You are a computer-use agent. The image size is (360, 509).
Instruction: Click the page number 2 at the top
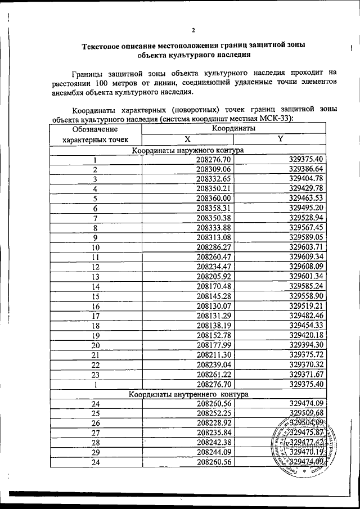[192, 30]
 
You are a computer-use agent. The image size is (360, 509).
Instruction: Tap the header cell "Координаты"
[233, 129]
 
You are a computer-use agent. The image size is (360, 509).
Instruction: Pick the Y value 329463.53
[305, 199]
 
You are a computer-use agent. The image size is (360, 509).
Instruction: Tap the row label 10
[95, 246]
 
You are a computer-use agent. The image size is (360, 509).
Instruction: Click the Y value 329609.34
[305, 256]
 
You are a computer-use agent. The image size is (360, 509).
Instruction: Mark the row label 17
[95, 316]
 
